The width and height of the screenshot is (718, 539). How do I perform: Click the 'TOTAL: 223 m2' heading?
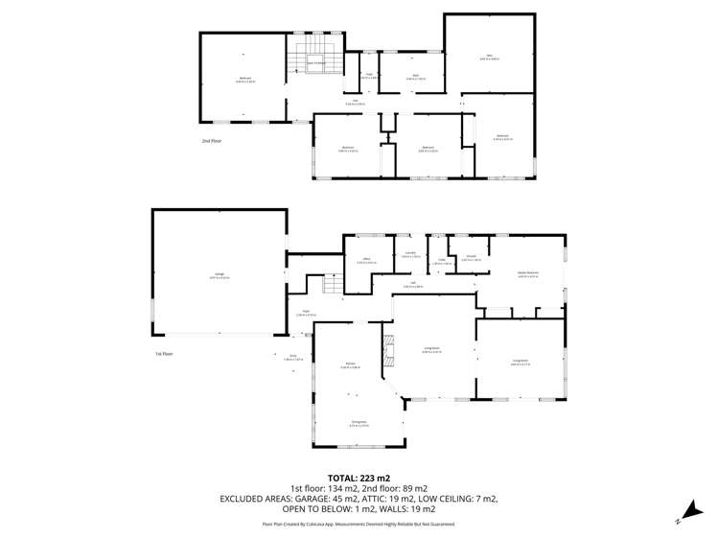(x=359, y=477)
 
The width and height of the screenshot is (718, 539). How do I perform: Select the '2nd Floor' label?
(x=211, y=141)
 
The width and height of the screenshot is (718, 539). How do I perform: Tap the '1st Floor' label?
(x=164, y=354)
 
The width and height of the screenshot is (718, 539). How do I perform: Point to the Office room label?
(x=366, y=260)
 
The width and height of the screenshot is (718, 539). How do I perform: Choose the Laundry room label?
(x=409, y=254)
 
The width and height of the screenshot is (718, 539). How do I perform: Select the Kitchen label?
(x=352, y=365)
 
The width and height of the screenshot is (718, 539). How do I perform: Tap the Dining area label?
(x=359, y=424)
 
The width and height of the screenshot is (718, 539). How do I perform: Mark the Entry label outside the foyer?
(x=293, y=357)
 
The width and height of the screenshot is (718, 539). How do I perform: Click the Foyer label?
(x=306, y=313)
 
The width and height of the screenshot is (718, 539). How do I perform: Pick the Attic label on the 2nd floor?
(x=489, y=58)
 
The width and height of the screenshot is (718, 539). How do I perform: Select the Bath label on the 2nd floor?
(x=415, y=75)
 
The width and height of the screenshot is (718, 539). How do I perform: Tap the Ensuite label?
(x=471, y=258)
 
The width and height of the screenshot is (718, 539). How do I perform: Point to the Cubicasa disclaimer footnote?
(x=359, y=525)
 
